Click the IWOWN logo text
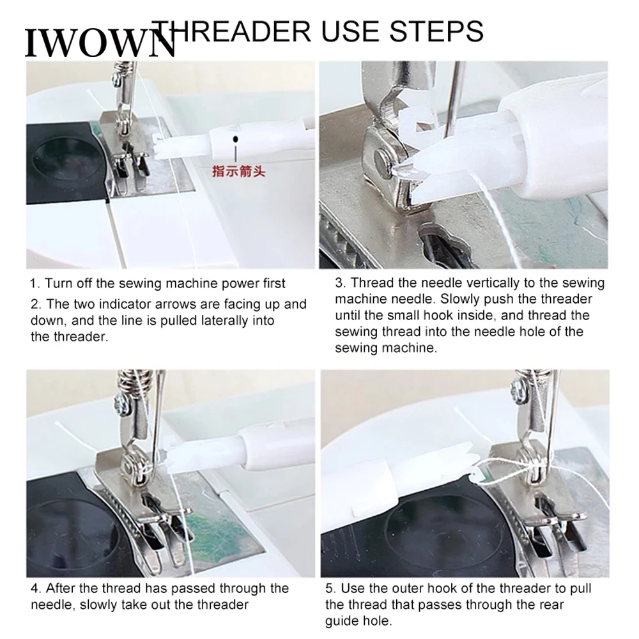coord(99,43)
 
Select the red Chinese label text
coord(238,171)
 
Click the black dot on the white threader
coord(236,137)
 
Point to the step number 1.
coord(34,283)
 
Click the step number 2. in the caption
coord(35,305)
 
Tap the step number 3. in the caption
coord(340,283)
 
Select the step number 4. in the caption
coord(35,588)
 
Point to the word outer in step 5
coord(401,588)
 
